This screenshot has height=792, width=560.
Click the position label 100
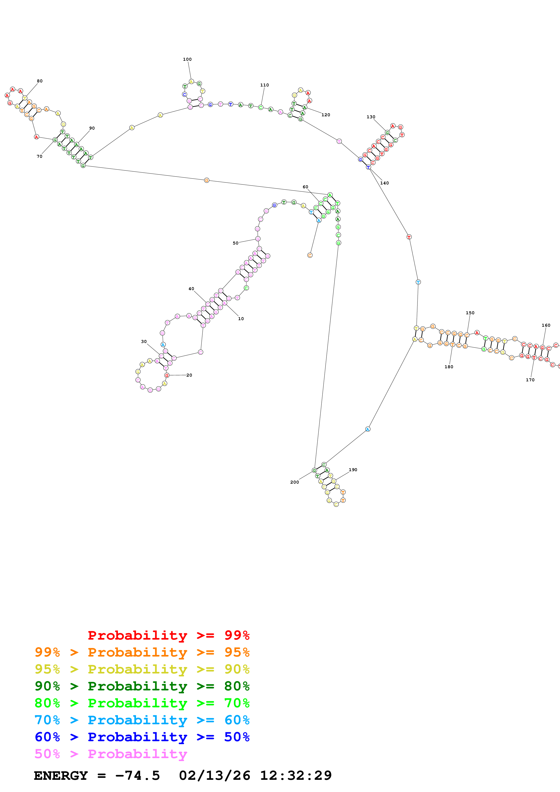pyautogui.click(x=187, y=59)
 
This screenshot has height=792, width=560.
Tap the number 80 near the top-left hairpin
pyautogui.click(x=40, y=81)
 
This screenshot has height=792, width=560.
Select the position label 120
pyautogui.click(x=325, y=115)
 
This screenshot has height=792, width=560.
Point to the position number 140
pyautogui.click(x=384, y=183)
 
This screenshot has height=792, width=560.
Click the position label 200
pyautogui.click(x=294, y=482)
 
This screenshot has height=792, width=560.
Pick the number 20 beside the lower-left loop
pyautogui.click(x=189, y=375)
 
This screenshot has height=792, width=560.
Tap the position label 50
pyautogui.click(x=235, y=243)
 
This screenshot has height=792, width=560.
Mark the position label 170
pyautogui.click(x=530, y=380)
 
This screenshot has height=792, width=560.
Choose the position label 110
pyautogui.click(x=264, y=85)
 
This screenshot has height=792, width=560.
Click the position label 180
pyautogui.click(x=449, y=367)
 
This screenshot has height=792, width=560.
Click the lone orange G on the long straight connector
pyautogui.click(x=206, y=180)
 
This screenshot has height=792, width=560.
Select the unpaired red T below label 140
pyautogui.click(x=409, y=237)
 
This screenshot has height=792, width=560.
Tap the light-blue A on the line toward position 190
pyautogui.click(x=368, y=429)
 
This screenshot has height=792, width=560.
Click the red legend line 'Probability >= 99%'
pyautogui.click(x=168, y=635)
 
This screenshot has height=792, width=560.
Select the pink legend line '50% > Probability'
pyautogui.click(x=110, y=754)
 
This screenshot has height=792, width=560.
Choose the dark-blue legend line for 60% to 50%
pyautogui.click(x=142, y=737)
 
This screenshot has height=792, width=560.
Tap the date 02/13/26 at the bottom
pyautogui.click(x=214, y=776)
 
